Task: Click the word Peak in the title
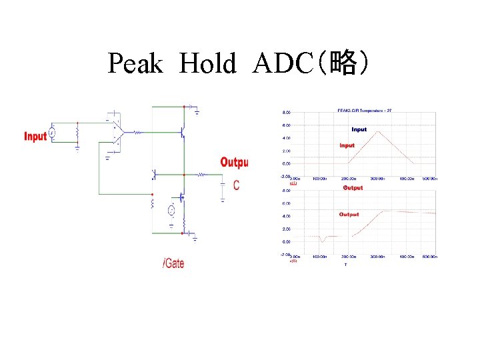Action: [x=135, y=64]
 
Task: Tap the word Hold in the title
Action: [x=208, y=64]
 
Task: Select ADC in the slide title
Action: [x=283, y=64]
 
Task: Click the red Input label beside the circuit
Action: [x=35, y=136]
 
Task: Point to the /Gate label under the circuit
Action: [x=173, y=263]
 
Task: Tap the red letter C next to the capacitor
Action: [x=237, y=185]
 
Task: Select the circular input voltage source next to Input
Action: [x=53, y=133]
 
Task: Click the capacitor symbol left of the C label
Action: [x=223, y=185]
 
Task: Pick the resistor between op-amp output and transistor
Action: [x=137, y=133]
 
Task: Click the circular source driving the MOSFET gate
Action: [x=171, y=211]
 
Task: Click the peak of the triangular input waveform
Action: [x=379, y=131]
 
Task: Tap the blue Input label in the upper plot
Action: [x=359, y=129]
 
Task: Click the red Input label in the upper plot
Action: [x=347, y=145]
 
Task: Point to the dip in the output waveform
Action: [x=323, y=241]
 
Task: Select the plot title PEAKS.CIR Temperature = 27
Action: [x=364, y=110]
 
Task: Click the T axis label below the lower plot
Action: [x=345, y=265]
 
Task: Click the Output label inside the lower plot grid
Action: [x=349, y=215]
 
